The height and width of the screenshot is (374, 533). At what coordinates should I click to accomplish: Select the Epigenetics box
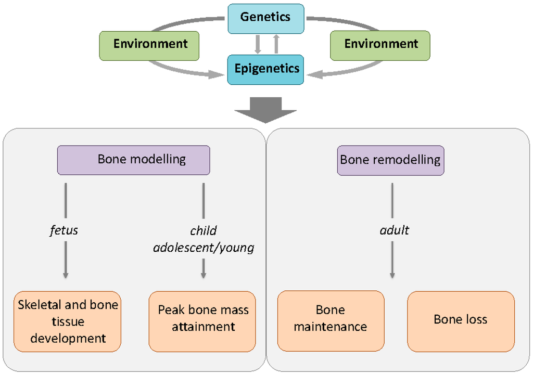266,69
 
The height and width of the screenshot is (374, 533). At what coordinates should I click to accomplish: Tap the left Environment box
150,44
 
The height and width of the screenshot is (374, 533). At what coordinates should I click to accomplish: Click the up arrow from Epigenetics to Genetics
276,44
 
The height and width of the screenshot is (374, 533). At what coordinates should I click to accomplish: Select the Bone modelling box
134,160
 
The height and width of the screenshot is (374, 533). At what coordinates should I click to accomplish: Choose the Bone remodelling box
390,160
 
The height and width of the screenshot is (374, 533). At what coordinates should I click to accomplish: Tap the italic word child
204,230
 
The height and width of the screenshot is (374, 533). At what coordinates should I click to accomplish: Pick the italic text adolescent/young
204,247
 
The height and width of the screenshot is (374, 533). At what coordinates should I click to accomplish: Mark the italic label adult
394,230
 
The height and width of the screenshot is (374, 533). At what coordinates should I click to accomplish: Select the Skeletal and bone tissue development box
68,321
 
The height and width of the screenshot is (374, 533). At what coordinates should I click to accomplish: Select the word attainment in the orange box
204,327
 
